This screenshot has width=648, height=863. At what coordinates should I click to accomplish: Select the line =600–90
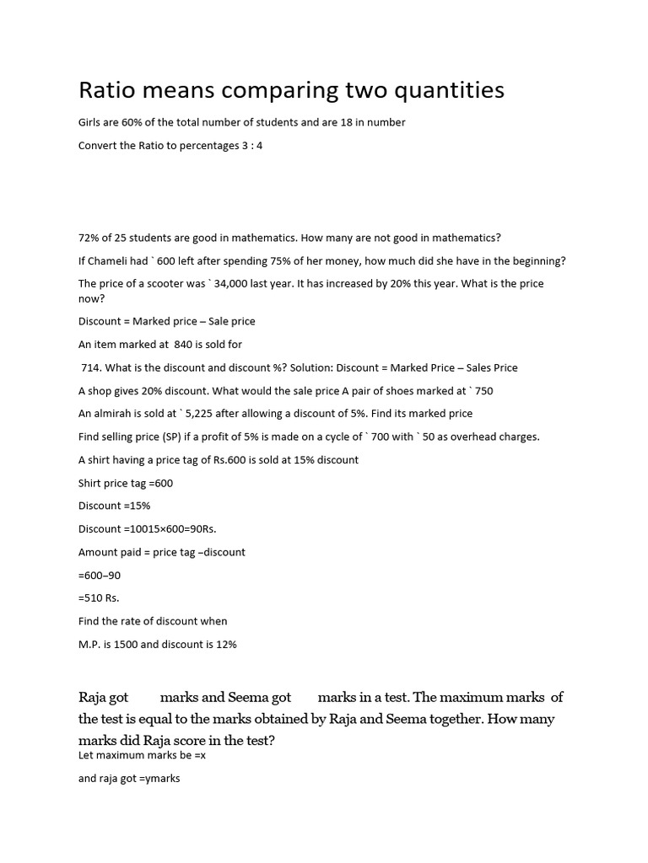100,575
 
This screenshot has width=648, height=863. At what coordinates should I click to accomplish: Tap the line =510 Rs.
99,598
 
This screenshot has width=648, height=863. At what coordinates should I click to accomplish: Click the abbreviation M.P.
90,644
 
